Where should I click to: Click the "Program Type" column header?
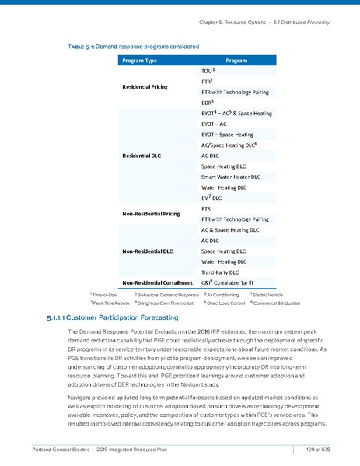point(141,60)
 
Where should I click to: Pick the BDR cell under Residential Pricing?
point(207,103)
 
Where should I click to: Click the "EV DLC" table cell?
point(211,198)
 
